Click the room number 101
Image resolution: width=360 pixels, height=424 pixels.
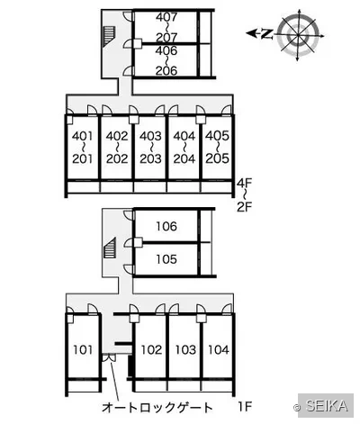coord(83,349)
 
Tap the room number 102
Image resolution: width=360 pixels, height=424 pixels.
coord(151,349)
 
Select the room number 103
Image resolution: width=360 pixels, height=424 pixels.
coord(185,349)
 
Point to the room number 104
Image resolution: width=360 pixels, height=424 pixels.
coord(219,349)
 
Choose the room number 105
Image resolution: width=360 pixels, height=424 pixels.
coord(166,259)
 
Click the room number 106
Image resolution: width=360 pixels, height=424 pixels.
coord(166,226)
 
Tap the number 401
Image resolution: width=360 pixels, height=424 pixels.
coord(83,136)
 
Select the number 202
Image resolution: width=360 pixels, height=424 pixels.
coord(117,158)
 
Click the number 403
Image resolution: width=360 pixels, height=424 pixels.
coord(150,136)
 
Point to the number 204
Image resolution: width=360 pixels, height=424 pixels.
coord(184,158)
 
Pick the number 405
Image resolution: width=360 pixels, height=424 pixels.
coord(218,136)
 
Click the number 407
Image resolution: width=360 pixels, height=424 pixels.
coord(166,17)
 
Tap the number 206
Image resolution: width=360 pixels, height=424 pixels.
coord(166,70)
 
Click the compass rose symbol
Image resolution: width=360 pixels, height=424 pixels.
coord(299,35)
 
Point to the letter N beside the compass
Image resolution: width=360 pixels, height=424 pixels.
coord(265,34)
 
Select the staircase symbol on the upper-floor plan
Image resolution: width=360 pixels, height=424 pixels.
coord(109,36)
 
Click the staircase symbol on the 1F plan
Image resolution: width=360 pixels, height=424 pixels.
coord(110,248)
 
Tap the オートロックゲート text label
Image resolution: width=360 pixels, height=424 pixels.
coord(157,407)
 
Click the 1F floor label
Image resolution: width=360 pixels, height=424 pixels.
coord(245,407)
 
